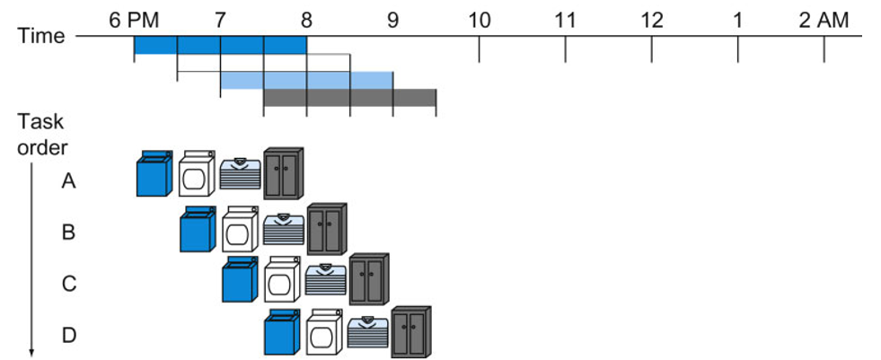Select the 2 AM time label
(823, 18)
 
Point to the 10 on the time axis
(479, 18)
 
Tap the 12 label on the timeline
(651, 18)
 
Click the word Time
(41, 36)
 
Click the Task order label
(41, 134)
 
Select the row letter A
(68, 181)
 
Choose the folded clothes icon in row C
(325, 280)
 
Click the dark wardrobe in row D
(411, 331)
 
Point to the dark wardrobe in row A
(284, 173)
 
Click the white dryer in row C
(282, 280)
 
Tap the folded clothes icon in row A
(240, 173)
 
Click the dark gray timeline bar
(349, 98)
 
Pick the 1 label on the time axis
(737, 18)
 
